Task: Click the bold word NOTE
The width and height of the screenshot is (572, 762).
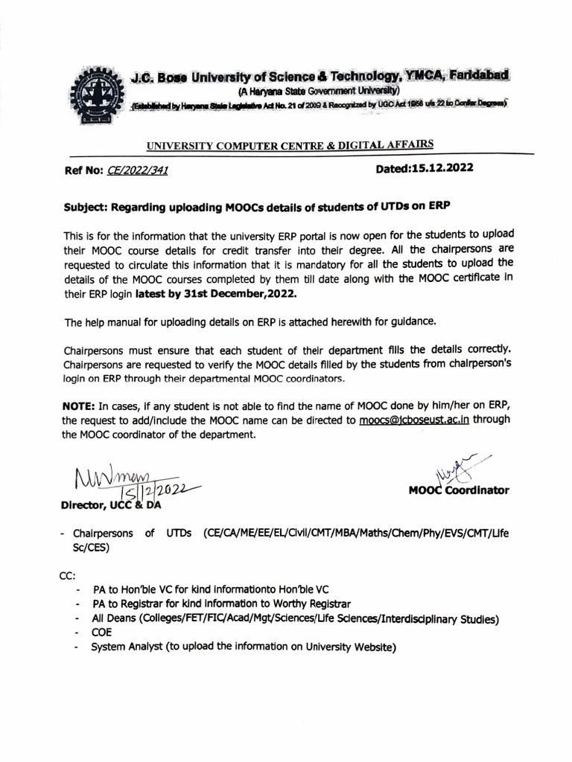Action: [x=80, y=405]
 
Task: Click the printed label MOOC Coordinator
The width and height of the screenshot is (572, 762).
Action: [x=458, y=490]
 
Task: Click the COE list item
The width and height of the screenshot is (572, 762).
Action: [x=101, y=633]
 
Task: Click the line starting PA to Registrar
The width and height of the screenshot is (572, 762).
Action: [x=221, y=603]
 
